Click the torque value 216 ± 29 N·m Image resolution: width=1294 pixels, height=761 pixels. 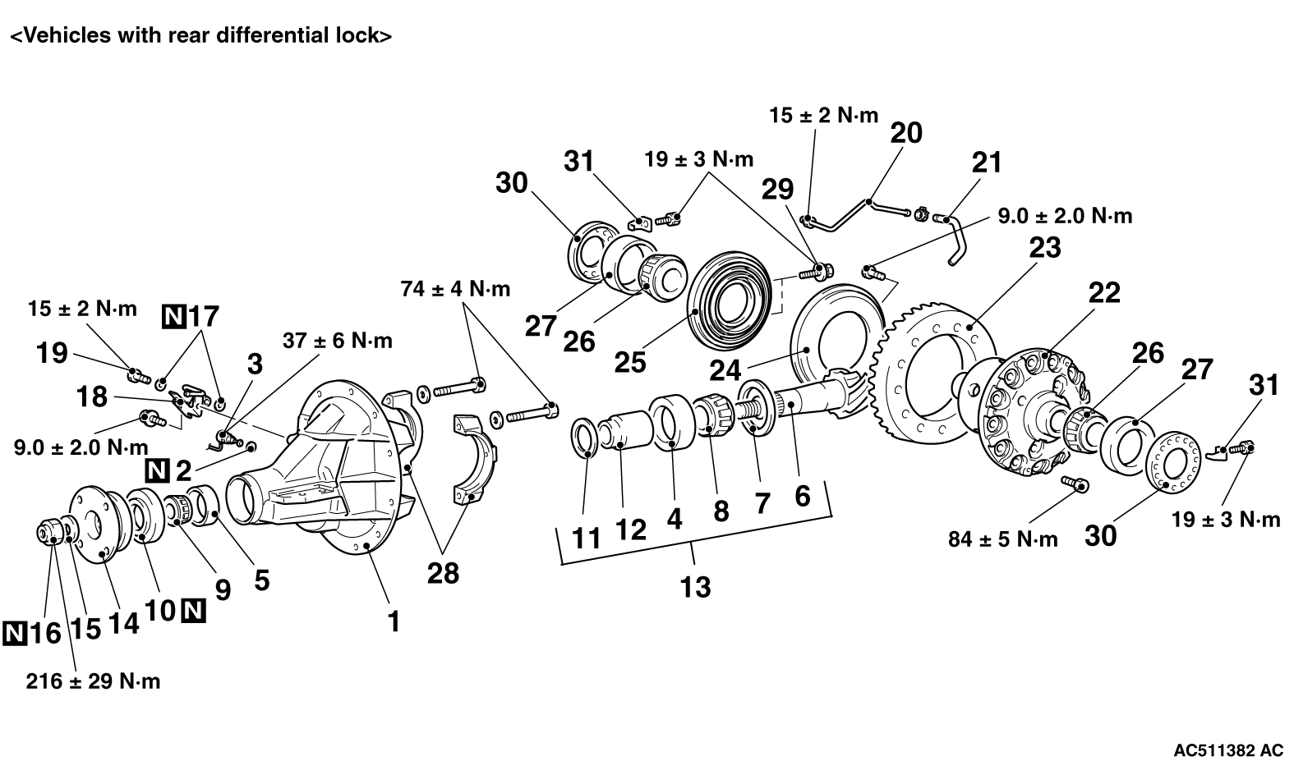(93, 681)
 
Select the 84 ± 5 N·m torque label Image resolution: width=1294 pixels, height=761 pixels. (1003, 539)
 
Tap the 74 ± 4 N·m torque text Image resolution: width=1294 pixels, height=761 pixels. (455, 289)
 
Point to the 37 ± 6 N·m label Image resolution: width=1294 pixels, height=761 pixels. (338, 341)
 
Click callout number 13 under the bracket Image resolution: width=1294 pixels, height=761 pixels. (695, 588)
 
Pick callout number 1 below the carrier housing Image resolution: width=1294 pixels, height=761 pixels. (394, 621)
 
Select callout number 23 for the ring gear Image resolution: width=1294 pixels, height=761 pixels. (1045, 247)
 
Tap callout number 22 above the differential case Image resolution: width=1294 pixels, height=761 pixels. (1104, 293)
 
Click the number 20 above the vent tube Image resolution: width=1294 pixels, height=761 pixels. (905, 133)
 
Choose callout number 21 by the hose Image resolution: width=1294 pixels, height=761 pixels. (986, 163)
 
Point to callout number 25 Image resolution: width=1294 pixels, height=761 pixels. (629, 363)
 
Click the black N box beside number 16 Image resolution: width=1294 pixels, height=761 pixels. (15, 634)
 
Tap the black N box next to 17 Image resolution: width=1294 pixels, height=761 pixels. (174, 316)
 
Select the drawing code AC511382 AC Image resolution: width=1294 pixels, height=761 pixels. (1227, 750)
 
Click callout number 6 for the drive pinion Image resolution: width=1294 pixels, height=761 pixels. (803, 496)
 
